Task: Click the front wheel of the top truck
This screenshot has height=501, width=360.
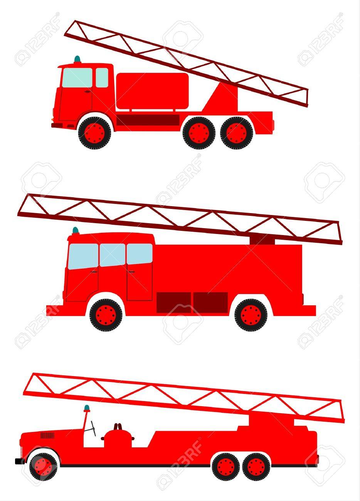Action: pyautogui.click(x=94, y=133)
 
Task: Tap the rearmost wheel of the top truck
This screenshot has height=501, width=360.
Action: pyautogui.click(x=237, y=133)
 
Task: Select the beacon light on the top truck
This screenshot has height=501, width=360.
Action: pyautogui.click(x=77, y=59)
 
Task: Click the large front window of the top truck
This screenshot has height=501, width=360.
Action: pyautogui.click(x=77, y=77)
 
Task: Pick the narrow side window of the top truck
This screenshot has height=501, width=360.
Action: pyautogui.click(x=102, y=77)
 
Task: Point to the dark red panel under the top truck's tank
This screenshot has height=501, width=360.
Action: pyautogui.click(x=148, y=120)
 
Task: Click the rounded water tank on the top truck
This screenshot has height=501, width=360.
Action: pyautogui.click(x=153, y=91)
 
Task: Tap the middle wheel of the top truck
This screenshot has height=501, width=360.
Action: pyautogui.click(x=199, y=133)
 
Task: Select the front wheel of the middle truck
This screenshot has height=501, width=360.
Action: pyautogui.click(x=106, y=315)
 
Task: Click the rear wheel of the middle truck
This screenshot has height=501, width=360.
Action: pyautogui.click(x=251, y=315)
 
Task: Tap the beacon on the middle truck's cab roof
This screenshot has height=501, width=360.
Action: pyautogui.click(x=76, y=231)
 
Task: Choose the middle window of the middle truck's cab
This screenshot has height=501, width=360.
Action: pyautogui.click(x=112, y=255)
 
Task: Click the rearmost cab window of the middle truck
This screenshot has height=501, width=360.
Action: pyautogui.click(x=140, y=254)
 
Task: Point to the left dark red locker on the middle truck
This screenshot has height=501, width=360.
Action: pyautogui.click(x=173, y=303)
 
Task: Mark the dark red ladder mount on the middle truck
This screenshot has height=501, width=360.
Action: pyautogui.click(x=262, y=240)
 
